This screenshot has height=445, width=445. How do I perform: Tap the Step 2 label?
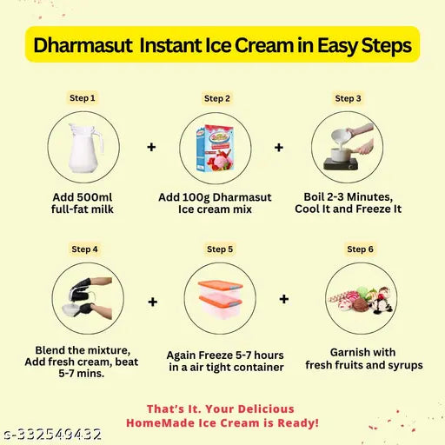216,98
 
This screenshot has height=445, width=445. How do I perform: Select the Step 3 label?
348,98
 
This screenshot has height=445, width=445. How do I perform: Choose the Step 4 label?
84,249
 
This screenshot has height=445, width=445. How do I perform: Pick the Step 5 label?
219,249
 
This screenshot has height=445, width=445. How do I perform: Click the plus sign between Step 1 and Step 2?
151,148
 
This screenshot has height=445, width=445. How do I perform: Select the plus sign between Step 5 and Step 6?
284,299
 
